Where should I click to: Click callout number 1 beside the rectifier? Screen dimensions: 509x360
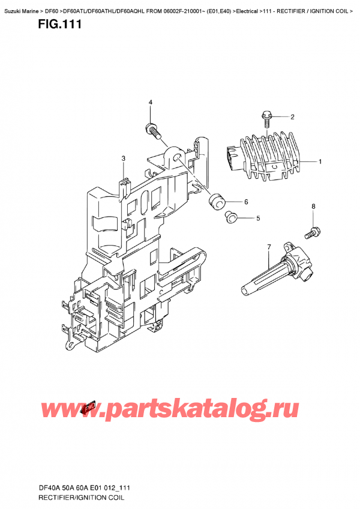point(320,161)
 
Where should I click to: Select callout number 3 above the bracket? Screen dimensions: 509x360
point(123,158)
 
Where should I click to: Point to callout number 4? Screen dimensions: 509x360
point(151,103)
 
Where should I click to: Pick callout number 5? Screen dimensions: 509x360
point(258,218)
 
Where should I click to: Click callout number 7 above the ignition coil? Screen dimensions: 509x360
point(269,247)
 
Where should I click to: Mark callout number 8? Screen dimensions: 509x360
point(313,207)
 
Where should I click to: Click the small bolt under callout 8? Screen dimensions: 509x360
point(313,230)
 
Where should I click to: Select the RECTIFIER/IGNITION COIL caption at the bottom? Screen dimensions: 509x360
point(81,498)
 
